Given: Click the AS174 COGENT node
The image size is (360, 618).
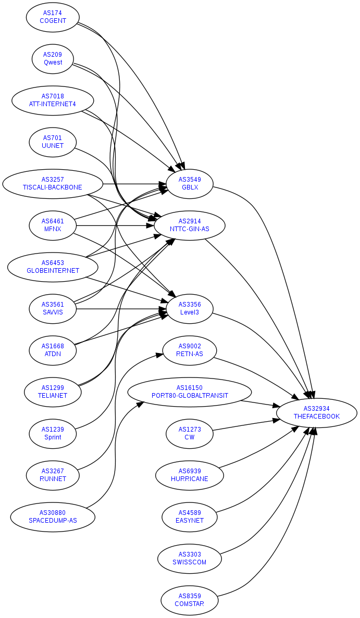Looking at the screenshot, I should [53, 17].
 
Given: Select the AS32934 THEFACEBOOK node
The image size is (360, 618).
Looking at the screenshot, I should [316, 413].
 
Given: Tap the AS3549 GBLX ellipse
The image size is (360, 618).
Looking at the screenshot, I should [190, 184].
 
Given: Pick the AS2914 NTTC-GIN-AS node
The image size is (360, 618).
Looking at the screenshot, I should [190, 225].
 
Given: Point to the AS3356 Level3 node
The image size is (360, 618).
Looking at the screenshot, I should [190, 309].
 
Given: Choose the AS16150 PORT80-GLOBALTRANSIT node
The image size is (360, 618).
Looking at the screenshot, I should [190, 392].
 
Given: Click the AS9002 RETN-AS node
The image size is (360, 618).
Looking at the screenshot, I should [190, 350].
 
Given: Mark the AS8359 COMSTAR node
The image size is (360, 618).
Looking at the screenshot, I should [190, 600].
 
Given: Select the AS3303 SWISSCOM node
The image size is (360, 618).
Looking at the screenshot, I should [190, 559].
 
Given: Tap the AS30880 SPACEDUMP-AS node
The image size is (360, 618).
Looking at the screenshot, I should [53, 517].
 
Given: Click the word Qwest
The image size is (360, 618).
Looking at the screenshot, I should [53, 62].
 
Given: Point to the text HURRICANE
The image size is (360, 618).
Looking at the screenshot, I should [190, 479].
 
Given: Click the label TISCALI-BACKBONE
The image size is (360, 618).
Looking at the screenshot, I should [53, 187].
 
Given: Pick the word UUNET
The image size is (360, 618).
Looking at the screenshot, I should [53, 146].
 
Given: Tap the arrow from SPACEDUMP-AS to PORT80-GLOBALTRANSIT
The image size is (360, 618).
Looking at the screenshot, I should [115, 443].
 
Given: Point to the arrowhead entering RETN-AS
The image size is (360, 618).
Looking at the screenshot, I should [160, 356].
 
